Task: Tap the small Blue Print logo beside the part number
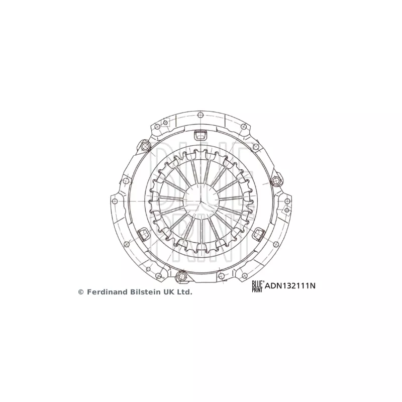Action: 257,286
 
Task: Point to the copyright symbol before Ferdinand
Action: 81,292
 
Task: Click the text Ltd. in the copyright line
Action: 184,292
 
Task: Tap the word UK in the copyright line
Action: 168,292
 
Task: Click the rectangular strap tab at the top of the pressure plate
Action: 201,135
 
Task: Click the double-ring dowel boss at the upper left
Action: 145,146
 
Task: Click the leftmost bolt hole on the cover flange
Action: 115,201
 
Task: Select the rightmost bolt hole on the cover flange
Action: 287,201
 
